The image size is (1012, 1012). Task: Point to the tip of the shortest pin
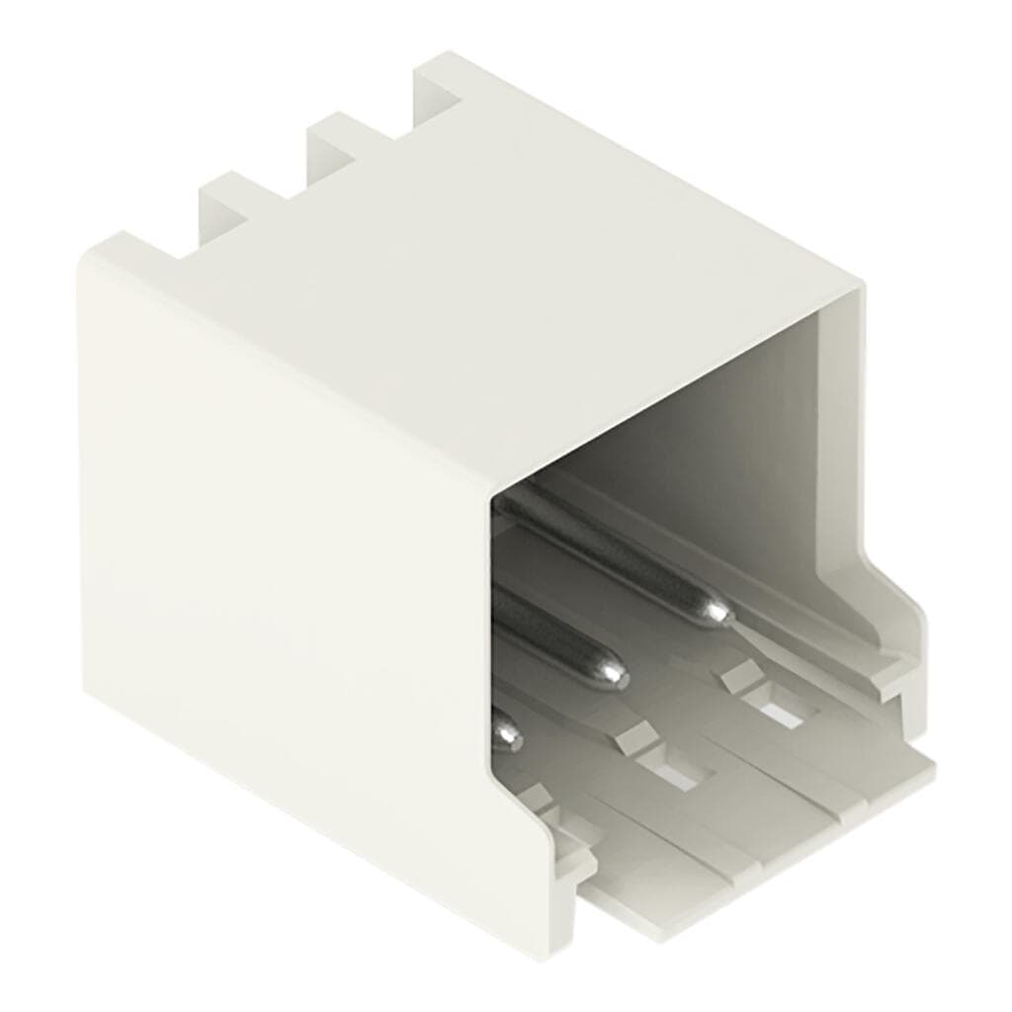508,733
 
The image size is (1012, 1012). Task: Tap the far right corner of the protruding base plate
929,761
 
